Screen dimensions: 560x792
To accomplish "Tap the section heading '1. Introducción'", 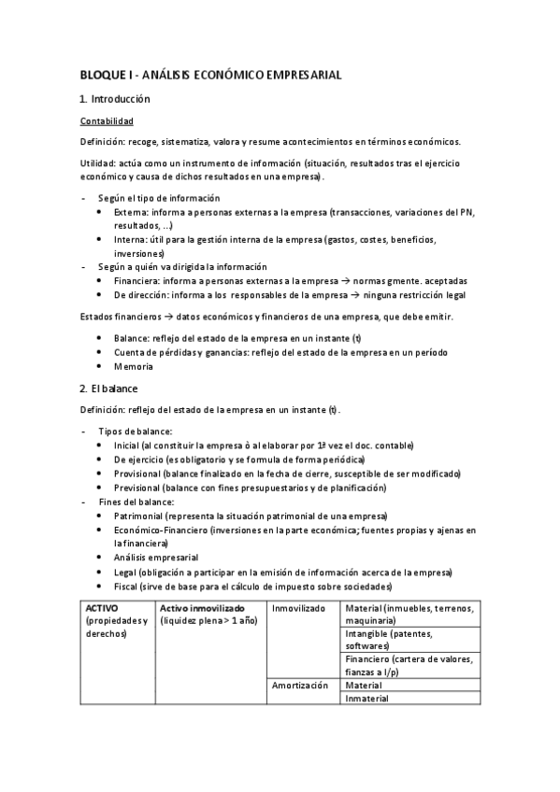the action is point(115,99).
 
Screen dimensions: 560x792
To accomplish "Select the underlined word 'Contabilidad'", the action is point(107,121).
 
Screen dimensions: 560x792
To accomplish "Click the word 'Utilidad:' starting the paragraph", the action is point(100,163).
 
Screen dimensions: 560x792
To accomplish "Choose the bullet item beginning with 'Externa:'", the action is point(290,212).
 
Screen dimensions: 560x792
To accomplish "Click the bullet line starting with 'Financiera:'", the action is point(290,280).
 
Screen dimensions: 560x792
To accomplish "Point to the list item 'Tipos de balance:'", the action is point(135,431).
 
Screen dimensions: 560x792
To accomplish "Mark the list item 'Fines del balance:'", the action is point(136,502).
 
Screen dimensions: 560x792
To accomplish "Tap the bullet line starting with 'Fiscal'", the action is point(252,586).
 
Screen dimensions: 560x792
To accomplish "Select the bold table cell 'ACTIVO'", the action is point(100,608).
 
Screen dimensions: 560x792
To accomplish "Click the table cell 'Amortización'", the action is point(299,684).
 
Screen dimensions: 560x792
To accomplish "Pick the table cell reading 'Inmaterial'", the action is point(366,698).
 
